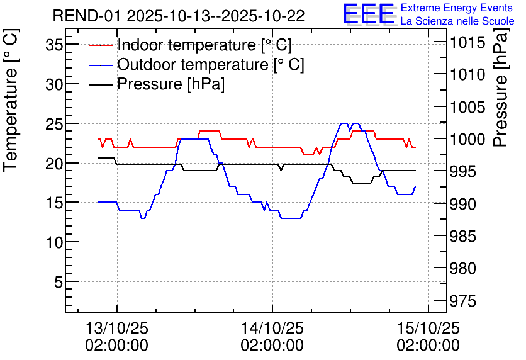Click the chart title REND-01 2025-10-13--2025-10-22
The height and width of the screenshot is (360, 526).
(x=179, y=16)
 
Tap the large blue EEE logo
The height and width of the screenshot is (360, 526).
(x=368, y=14)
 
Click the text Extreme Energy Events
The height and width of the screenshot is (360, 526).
(x=457, y=8)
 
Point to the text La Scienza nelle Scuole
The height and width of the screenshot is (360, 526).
(x=457, y=21)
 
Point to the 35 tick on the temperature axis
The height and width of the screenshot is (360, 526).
(x=54, y=45)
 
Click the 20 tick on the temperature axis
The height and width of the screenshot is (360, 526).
(x=54, y=164)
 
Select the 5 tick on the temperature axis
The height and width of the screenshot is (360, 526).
(x=58, y=282)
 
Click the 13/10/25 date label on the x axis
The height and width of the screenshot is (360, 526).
(x=117, y=329)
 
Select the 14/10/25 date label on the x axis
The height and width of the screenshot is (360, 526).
(x=272, y=329)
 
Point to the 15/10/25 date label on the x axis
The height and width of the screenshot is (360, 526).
(x=428, y=329)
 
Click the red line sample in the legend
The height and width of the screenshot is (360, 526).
(x=101, y=45)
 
